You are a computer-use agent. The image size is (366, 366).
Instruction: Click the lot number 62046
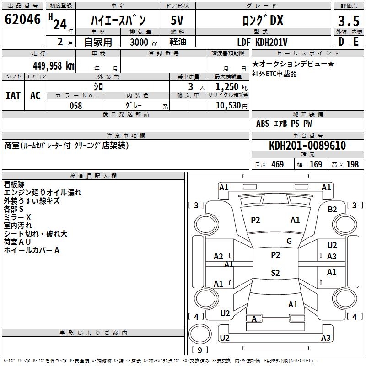coord(22,19)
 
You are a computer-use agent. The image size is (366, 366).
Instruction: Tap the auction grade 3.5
coord(349,21)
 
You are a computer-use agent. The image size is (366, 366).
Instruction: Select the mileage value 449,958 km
coord(54,65)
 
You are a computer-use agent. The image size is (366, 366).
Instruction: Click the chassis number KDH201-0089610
coord(307,145)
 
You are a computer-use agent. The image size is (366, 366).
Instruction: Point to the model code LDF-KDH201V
coord(262,42)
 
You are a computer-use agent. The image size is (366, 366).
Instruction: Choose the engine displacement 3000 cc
coord(144,42)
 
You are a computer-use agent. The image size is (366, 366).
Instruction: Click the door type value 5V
coord(177,20)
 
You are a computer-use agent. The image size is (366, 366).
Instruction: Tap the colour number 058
coord(76,106)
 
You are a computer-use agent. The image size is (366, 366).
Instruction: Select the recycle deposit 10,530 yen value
coord(231,106)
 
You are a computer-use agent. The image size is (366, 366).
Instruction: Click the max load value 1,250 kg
coord(231,87)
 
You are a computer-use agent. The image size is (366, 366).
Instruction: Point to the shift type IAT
coord(13,96)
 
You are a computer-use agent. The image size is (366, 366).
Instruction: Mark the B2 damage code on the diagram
coord(332,210)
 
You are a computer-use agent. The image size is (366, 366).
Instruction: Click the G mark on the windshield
coord(289,241)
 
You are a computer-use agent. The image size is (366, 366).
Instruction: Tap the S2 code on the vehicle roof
coord(275,273)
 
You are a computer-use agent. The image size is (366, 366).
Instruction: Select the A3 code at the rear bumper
coord(326,338)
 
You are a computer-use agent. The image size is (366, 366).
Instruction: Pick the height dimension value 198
coord(352,165)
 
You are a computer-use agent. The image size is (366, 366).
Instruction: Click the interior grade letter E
coord(356,42)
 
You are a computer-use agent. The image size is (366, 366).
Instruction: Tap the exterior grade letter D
coord(341,42)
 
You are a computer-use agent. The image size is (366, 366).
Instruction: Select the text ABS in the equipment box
coord(263,124)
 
